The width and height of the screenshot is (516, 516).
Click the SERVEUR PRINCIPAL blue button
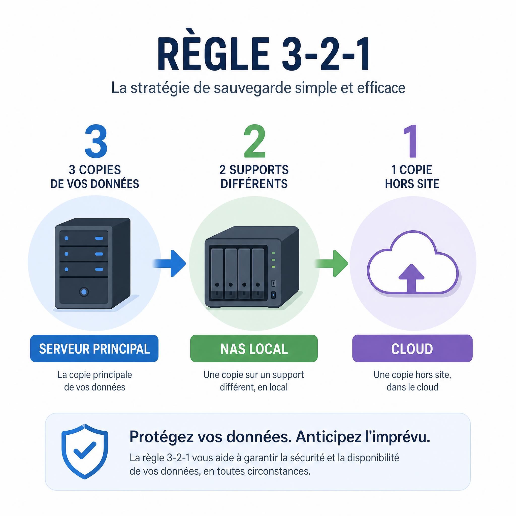click(x=94, y=348)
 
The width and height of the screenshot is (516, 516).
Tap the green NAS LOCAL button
click(x=254, y=348)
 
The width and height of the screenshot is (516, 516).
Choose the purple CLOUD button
click(x=412, y=348)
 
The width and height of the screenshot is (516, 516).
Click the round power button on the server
click(x=84, y=292)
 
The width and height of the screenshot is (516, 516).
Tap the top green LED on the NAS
click(x=273, y=253)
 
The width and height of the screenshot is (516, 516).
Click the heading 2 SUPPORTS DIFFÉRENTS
click(x=254, y=177)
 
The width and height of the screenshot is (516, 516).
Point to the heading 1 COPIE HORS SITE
click(x=412, y=177)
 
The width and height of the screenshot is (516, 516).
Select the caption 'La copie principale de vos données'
click(x=94, y=381)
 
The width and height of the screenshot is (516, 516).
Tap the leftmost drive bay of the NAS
click(x=217, y=274)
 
